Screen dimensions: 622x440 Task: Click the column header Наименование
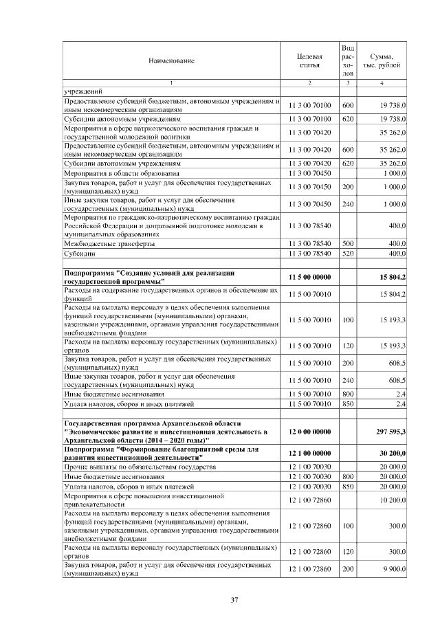171,60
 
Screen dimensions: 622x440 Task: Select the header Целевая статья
309,60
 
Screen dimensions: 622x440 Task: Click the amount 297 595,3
391,431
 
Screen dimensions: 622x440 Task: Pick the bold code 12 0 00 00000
309,431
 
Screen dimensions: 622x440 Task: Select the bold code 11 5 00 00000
309,277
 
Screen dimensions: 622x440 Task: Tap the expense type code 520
348,254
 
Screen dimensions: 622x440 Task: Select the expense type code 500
348,244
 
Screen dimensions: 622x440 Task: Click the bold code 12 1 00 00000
309,454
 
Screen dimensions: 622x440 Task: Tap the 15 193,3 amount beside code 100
393,320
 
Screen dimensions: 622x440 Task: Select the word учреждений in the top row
82,91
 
